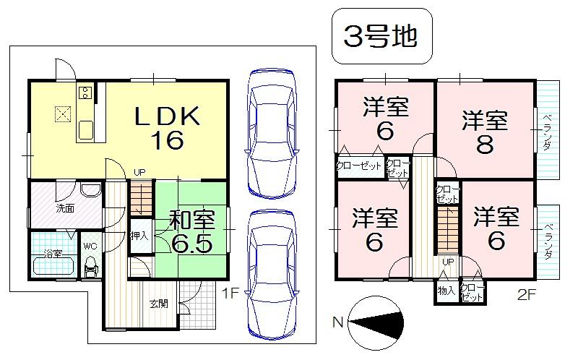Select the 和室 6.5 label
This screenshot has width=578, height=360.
click(191, 231)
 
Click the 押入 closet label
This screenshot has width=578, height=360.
click(139, 236)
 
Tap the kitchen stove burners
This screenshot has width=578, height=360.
click(84, 92)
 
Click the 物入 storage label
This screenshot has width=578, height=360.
click(446, 291)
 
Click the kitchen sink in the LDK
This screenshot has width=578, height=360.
click(87, 129)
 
